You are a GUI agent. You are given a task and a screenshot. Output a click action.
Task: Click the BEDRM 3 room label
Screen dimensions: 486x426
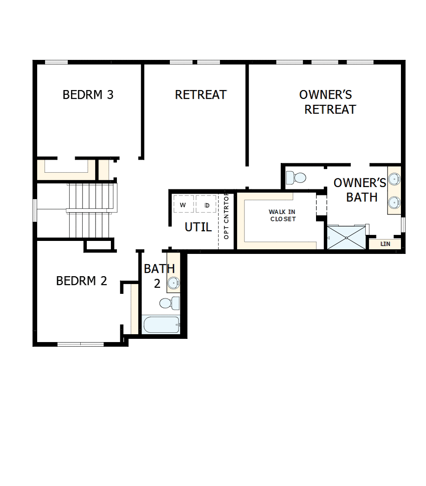click(x=88, y=95)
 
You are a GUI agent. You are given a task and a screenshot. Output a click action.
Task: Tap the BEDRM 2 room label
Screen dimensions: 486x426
click(x=81, y=281)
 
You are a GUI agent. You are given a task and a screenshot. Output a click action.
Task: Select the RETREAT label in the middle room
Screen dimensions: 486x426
click(x=200, y=95)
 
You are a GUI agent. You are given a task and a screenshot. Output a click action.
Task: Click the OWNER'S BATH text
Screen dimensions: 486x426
click(x=360, y=190)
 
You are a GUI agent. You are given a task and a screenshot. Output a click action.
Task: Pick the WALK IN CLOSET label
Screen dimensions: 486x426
click(x=282, y=215)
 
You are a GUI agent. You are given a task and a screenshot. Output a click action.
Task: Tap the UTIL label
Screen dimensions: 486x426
click(x=198, y=227)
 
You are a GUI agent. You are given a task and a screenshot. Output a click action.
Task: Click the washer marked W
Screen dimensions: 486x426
click(x=183, y=205)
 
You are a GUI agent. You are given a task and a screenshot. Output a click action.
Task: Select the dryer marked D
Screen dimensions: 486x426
click(x=207, y=205)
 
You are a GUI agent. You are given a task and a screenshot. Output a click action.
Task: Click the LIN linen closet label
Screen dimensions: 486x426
click(x=385, y=244)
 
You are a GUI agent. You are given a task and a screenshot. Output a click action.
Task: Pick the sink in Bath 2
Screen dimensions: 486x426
click(x=174, y=282)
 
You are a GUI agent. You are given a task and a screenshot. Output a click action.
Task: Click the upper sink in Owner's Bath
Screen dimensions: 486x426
click(x=394, y=179)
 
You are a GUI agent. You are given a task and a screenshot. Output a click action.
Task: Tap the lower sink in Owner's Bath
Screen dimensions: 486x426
click(x=394, y=202)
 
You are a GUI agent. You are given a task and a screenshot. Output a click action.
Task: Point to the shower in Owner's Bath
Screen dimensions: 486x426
click(x=347, y=237)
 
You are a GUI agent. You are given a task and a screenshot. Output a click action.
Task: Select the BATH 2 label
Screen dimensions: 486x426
click(x=159, y=276)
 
